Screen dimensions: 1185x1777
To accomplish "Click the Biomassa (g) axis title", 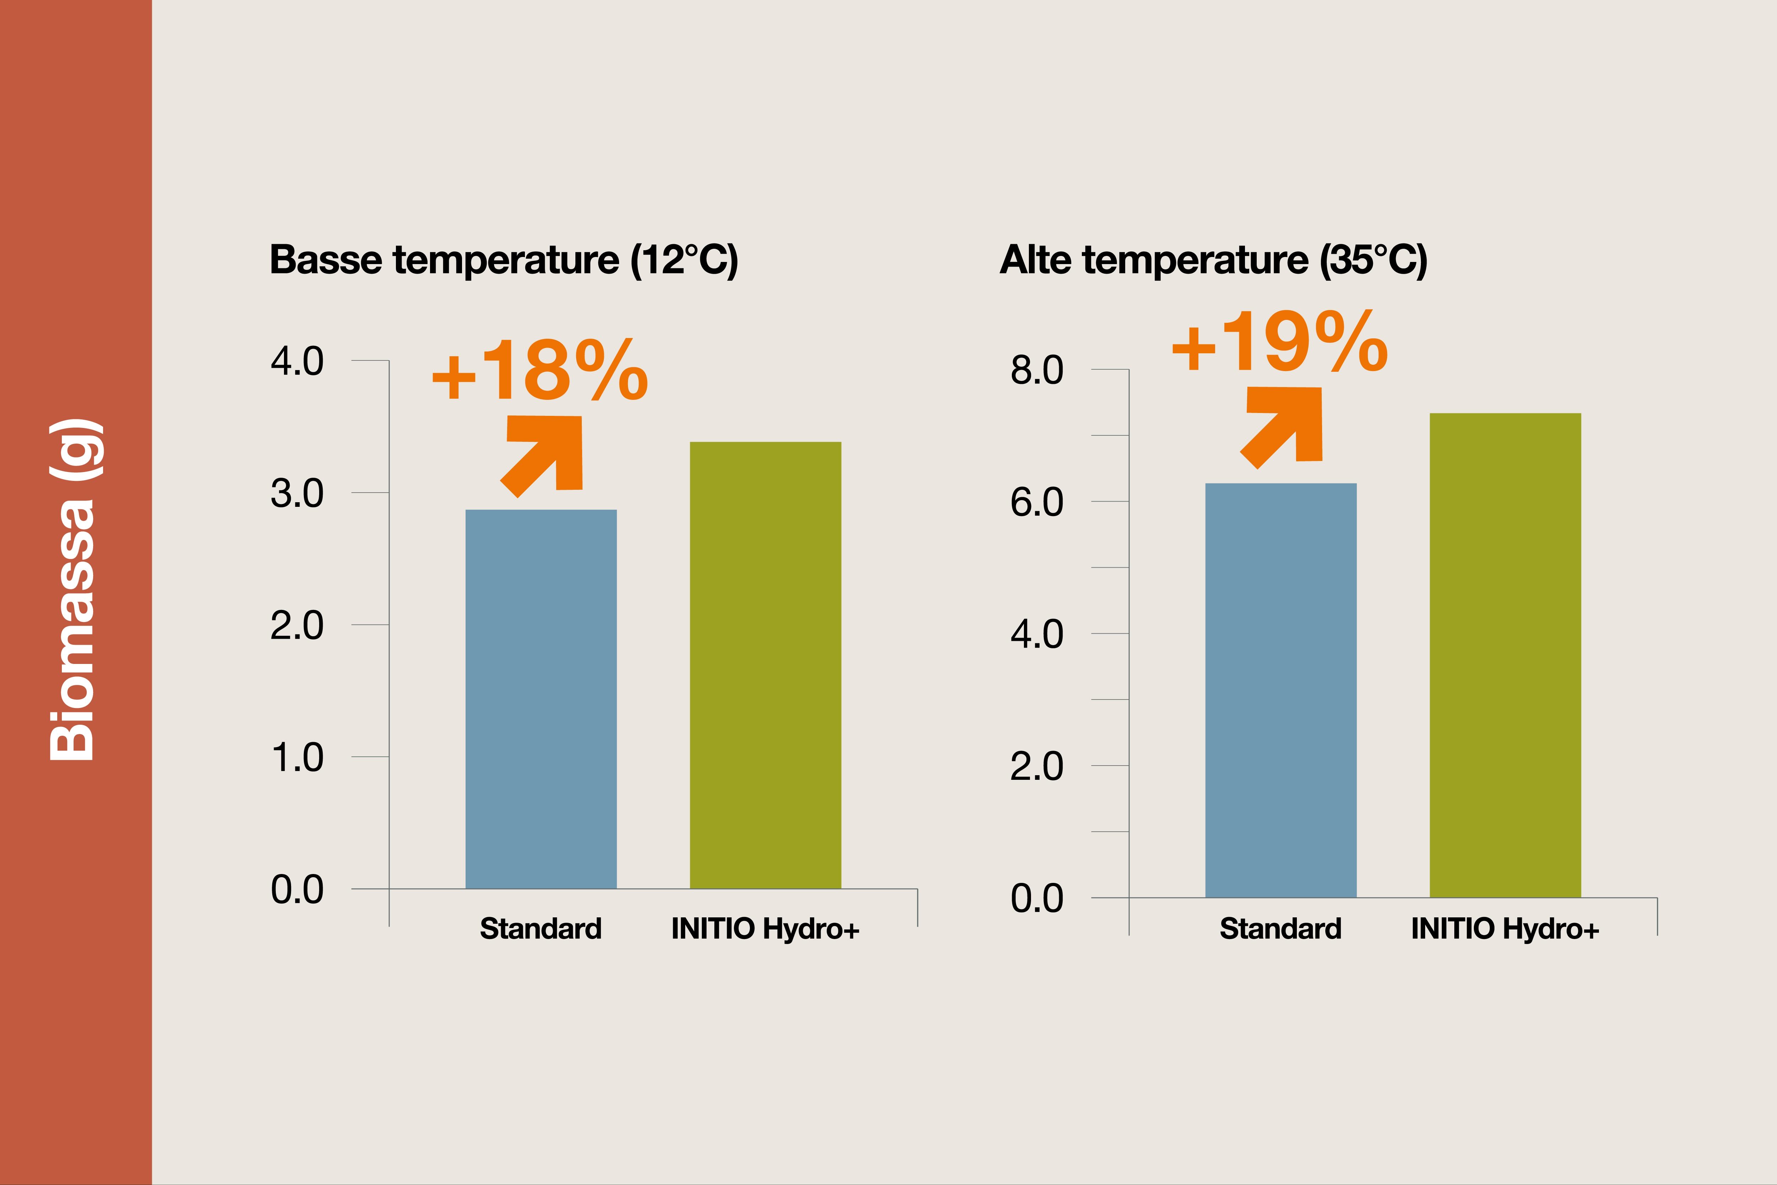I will (73, 589).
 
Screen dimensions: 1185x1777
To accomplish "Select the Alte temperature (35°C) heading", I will (1213, 260).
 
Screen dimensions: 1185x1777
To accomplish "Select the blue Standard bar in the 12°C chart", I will (541, 699).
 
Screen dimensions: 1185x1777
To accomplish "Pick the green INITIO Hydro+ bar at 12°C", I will (765, 665).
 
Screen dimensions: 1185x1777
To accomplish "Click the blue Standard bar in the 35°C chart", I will (1281, 690).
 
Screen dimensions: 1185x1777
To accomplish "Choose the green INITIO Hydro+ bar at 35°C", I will (1505, 655).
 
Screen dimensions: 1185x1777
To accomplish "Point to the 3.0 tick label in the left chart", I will (297, 493).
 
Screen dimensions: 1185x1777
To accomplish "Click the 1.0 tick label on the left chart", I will (297, 757).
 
